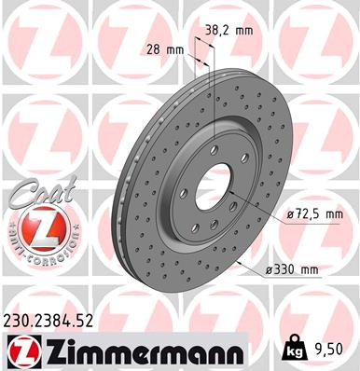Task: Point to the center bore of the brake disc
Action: pos(216,178)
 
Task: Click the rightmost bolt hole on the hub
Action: pos(245,165)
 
